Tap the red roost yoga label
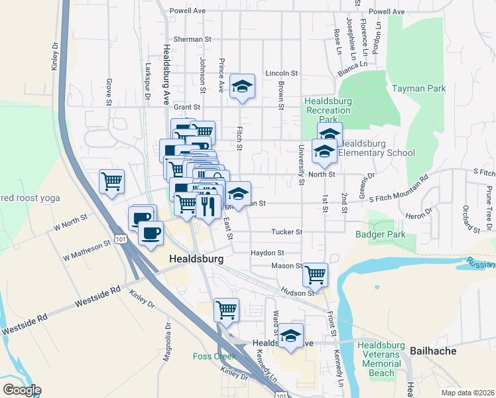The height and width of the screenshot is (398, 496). click(30, 198)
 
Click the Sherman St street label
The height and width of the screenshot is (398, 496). click(192, 39)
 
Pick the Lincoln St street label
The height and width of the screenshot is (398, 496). click(282, 73)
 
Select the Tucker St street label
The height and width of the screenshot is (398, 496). click(286, 232)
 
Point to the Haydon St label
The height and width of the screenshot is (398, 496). click(267, 253)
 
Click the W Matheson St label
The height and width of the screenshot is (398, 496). click(86, 250)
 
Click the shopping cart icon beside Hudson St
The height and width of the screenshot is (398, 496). click(315, 273)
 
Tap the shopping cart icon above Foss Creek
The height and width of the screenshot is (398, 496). click(226, 309)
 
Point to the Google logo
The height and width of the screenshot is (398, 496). click(22, 390)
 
